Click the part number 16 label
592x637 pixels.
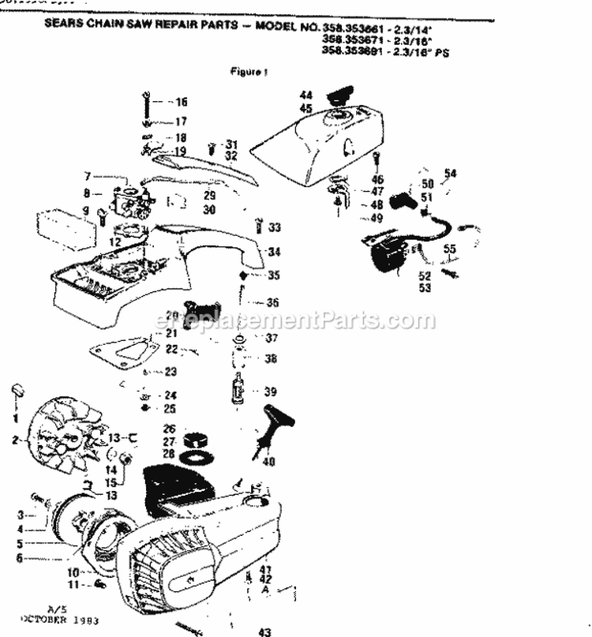pyautogui.click(x=182, y=102)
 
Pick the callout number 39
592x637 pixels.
pyautogui.click(x=270, y=392)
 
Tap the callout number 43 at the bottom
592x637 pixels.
pyautogui.click(x=264, y=631)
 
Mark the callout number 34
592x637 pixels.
pyautogui.click(x=274, y=253)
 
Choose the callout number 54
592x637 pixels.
pyautogui.click(x=450, y=173)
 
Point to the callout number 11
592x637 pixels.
pyautogui.click(x=72, y=584)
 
